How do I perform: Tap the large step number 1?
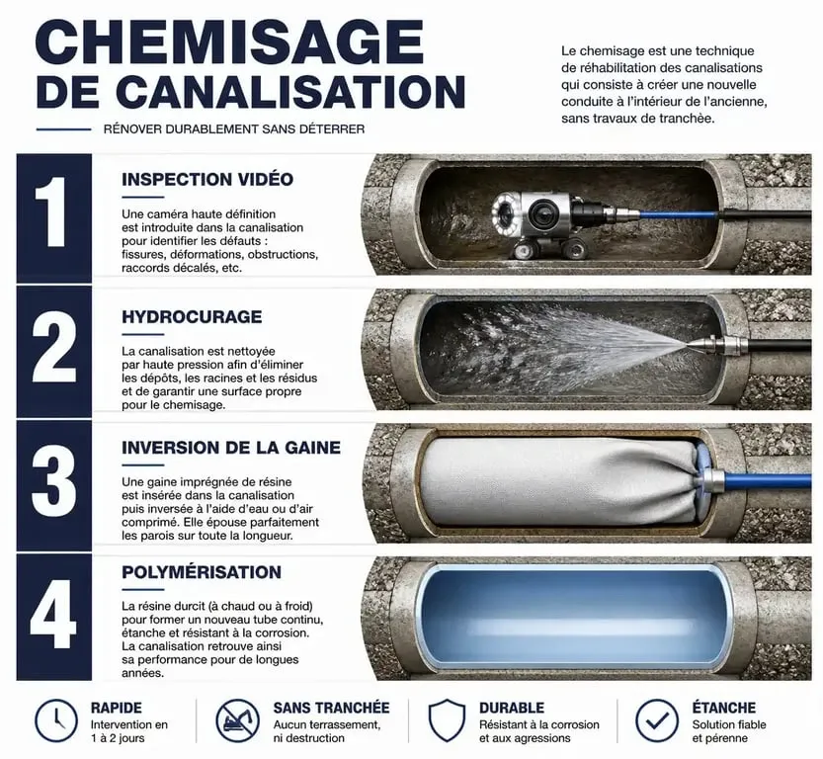pos(51,211)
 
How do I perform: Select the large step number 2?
pos(53,347)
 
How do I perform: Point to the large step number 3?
pos(53,480)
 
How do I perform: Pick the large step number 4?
pos(53,614)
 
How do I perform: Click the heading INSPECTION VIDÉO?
pos(207,180)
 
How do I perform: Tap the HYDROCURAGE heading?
pos(192,317)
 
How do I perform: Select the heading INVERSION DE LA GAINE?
pos(231,448)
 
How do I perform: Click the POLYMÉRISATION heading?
pos(202,571)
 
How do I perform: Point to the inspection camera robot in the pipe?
pos(540,223)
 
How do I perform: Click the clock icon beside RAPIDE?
pos(56,721)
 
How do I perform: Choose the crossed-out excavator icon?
pos(238,721)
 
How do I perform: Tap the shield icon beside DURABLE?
pos(447,720)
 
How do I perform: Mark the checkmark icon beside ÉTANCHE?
pos(656,721)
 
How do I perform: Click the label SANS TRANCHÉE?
pos(331,708)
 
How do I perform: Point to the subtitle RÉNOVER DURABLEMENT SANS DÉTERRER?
pos(234,129)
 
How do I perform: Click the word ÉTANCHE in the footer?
pos(724,708)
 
